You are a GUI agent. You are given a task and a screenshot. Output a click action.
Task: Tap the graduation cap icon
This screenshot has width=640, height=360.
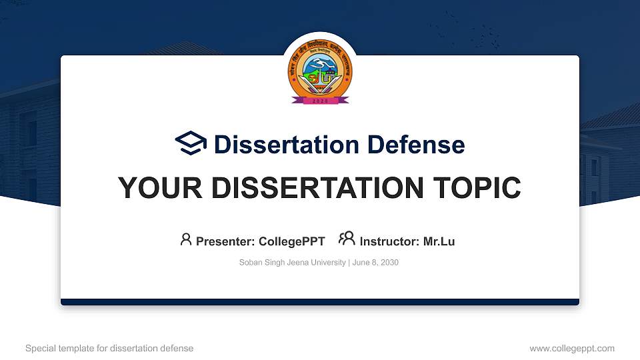click(191, 143)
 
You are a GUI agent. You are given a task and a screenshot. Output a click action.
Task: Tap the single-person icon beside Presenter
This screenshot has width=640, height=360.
click(186, 239)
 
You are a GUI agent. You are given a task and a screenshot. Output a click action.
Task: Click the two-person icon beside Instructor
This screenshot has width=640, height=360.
click(347, 239)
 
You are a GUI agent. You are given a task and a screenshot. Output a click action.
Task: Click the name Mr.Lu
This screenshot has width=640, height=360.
click(439, 241)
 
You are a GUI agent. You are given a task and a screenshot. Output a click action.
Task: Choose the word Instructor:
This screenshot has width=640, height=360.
click(390, 241)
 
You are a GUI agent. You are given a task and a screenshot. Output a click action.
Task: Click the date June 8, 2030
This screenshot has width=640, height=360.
click(375, 263)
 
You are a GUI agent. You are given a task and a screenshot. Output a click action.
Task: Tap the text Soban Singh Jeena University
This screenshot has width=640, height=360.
click(292, 263)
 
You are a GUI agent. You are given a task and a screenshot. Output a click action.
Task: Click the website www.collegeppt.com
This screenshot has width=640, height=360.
click(571, 348)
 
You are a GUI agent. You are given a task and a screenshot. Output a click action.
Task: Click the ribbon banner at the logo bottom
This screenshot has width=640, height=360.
click(320, 101)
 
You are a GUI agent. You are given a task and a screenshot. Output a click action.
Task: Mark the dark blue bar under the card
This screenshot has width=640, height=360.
click(320, 302)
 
